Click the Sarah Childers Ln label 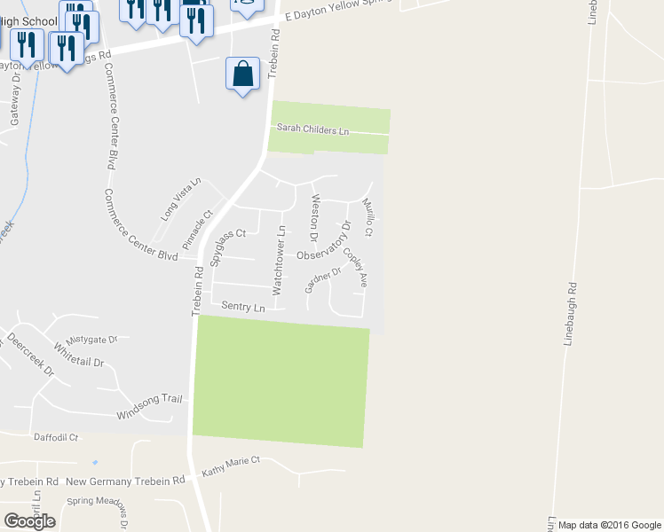coord(312,129)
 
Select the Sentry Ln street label coord(243,307)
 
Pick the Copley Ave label coord(355,267)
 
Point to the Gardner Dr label coord(323,281)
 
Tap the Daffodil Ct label coord(56,437)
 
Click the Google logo coord(29,521)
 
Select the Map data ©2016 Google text coord(609,525)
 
